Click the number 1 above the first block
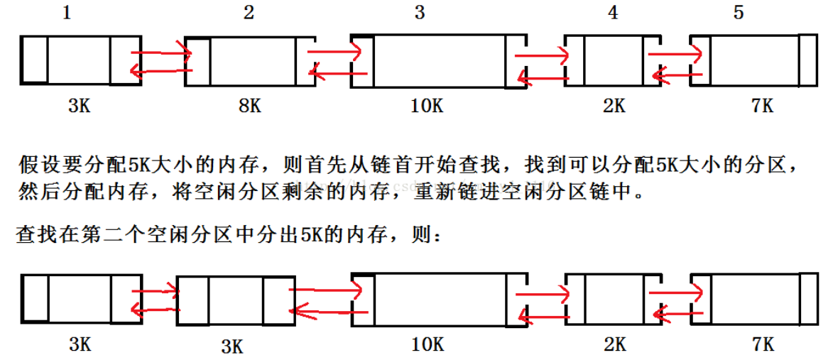[x=67, y=13]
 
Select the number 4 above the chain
[x=614, y=13]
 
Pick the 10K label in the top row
[x=428, y=107]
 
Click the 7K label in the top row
[x=762, y=107]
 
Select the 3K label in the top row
[x=79, y=107]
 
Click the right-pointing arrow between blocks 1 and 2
[x=162, y=52]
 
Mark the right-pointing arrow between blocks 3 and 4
[x=541, y=55]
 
